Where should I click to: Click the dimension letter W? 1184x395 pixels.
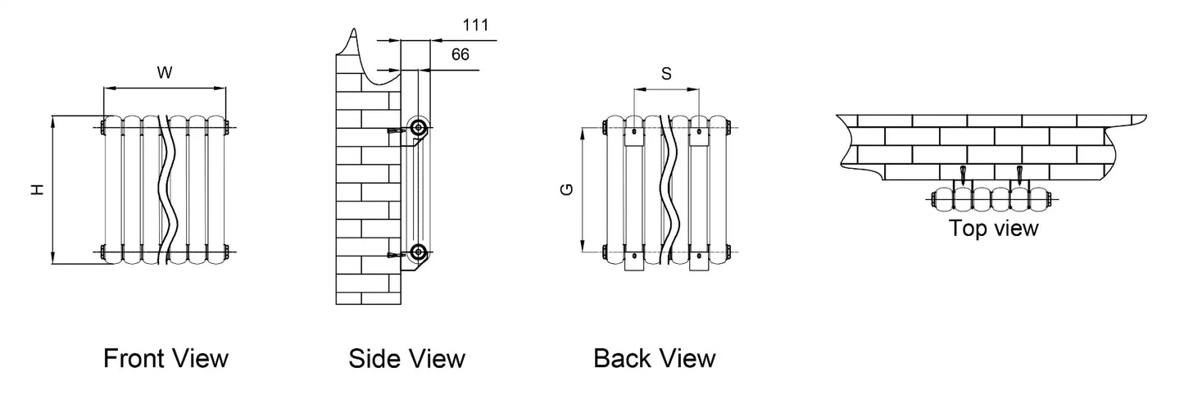coord(164,73)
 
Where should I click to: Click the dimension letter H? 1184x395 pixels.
coord(36,189)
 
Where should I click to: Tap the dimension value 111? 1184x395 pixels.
coord(475,25)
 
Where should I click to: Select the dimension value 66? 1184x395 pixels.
coord(460,55)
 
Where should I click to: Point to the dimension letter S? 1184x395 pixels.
coord(666,74)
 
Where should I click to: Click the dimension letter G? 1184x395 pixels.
coord(565,189)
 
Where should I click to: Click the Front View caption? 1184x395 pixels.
coord(166,358)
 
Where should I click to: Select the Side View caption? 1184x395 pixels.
coord(406,358)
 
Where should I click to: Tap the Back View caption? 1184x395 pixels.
coord(654,358)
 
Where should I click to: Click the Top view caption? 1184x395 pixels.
coord(993,228)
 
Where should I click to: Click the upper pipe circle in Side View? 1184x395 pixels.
coord(419,128)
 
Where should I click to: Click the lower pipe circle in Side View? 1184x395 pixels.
coord(419,251)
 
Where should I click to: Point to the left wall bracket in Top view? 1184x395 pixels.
coord(963,175)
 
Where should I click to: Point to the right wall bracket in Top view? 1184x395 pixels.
coord(1019,175)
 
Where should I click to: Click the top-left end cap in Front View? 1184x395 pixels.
coord(101,127)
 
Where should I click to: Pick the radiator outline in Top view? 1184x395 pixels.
coord(991,197)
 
